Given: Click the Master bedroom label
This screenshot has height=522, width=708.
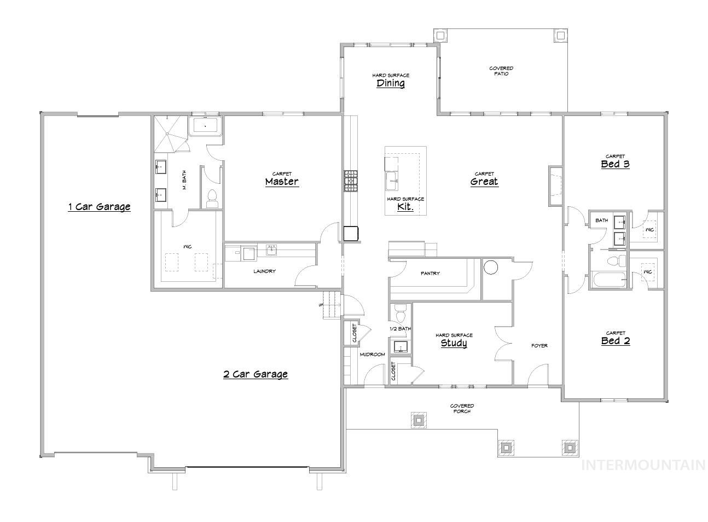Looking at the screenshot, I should click(x=282, y=181).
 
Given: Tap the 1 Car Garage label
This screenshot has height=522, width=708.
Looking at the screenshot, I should click(x=99, y=206).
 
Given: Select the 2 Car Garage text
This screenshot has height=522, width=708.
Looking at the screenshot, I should click(x=255, y=374).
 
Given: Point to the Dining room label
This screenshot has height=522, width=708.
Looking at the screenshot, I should click(x=391, y=83).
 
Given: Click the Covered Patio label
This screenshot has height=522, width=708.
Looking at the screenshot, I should click(x=501, y=71).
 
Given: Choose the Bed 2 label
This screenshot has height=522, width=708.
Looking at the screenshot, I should click(x=615, y=340).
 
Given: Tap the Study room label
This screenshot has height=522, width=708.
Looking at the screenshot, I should click(x=454, y=343).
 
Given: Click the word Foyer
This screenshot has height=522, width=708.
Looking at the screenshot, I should click(x=539, y=346).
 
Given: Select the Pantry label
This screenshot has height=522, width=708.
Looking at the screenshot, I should click(x=430, y=273).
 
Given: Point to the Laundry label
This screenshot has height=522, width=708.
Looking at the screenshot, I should click(x=264, y=271).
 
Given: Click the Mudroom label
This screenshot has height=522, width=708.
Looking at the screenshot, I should click(x=372, y=355).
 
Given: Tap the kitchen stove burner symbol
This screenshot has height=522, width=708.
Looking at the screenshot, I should click(x=350, y=181).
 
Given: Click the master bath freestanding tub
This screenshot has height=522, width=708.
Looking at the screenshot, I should click(x=205, y=126).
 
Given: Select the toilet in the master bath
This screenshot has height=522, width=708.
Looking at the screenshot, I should click(x=213, y=198).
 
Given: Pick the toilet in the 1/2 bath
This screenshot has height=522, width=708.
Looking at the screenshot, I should click(x=400, y=314).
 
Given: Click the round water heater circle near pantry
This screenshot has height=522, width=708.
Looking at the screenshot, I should click(x=491, y=267).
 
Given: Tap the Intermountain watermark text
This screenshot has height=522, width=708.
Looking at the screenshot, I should click(x=643, y=465).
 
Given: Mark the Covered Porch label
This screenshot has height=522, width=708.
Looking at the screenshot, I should click(x=462, y=408).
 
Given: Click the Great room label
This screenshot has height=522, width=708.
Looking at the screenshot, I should click(x=484, y=181).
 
